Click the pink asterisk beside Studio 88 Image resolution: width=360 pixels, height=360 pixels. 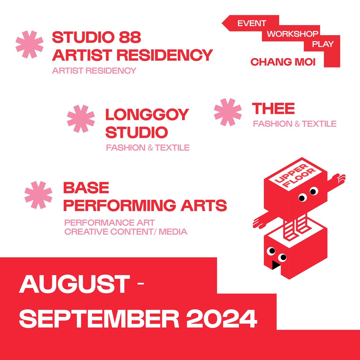point(30,44)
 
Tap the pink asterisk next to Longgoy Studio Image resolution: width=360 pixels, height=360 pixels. point(81,119)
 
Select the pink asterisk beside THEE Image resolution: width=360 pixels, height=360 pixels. point(228,112)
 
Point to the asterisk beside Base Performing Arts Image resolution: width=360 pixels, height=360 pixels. point(38,195)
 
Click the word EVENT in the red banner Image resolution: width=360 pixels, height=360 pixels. point(252,23)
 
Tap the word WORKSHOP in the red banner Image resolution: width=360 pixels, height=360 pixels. point(292,34)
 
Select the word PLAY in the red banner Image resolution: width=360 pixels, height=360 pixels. point(323,44)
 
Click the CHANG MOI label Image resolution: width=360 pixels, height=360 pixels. point(283,62)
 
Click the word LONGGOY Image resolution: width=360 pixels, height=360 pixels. point(147,114)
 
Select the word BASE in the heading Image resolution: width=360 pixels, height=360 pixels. point(86,188)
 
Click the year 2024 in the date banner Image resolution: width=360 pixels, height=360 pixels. point(222,318)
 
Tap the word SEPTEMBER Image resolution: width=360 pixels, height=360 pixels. point(99,318)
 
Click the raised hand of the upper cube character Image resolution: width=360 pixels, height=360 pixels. point(339,178)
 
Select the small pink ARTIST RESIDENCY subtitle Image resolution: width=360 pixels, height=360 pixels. point(94,71)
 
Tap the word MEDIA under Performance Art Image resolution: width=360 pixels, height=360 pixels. point(173,232)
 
